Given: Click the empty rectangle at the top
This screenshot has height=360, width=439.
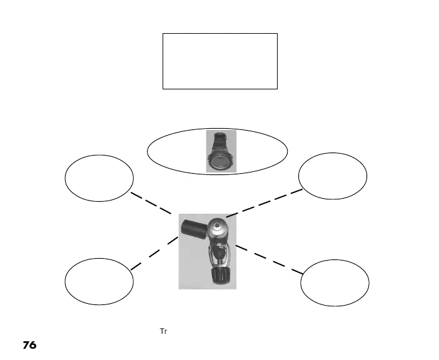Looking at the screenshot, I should point(219,61).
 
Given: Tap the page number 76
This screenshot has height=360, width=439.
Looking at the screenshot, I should point(30,345).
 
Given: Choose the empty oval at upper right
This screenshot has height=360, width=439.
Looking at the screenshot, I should point(333,176).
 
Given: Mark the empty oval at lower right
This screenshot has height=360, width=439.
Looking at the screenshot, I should point(335,283).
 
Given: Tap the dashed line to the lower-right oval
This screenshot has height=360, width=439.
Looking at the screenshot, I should point(269,259).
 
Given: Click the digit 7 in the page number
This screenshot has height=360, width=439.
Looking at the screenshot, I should point(26,345).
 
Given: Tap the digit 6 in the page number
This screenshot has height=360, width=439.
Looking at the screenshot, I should point(34,345).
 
